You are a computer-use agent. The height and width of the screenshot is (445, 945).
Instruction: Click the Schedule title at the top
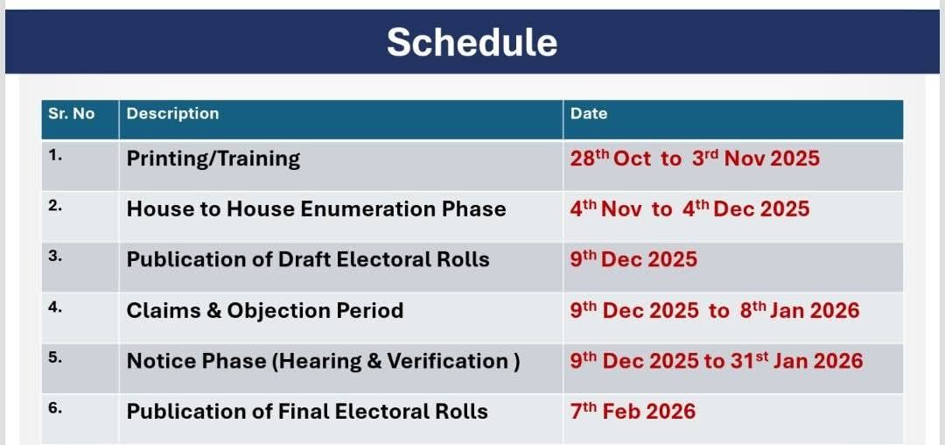[472, 42]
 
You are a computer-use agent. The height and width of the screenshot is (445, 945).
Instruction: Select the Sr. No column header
[72, 113]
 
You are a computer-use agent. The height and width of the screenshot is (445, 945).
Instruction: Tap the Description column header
[172, 113]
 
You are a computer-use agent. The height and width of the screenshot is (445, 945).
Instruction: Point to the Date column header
[589, 113]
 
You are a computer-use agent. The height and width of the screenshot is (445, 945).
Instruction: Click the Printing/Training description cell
[213, 159]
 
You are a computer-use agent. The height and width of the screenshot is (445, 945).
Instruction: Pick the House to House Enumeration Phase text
[317, 208]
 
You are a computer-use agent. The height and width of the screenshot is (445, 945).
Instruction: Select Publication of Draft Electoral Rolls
[308, 258]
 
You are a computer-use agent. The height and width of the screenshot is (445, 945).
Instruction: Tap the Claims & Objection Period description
[264, 310]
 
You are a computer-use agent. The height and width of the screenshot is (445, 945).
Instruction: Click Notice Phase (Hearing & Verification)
[323, 361]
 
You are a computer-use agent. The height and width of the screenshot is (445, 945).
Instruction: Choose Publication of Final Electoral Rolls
[307, 411]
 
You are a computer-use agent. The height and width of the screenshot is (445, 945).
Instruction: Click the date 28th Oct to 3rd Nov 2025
[695, 158]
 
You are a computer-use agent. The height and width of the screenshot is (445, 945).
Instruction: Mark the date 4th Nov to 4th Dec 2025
[690, 208]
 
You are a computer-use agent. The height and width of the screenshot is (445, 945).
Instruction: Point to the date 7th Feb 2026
[633, 411]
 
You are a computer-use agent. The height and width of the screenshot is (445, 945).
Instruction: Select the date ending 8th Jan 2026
[715, 310]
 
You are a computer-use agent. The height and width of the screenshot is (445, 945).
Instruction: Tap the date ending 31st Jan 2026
[717, 361]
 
